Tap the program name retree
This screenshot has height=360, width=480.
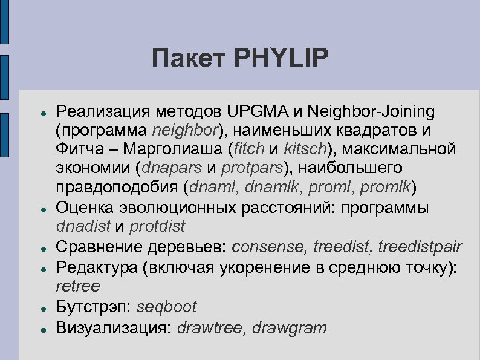[77, 286]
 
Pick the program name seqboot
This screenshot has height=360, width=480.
[167, 307]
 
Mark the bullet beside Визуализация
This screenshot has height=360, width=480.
[39, 329]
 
